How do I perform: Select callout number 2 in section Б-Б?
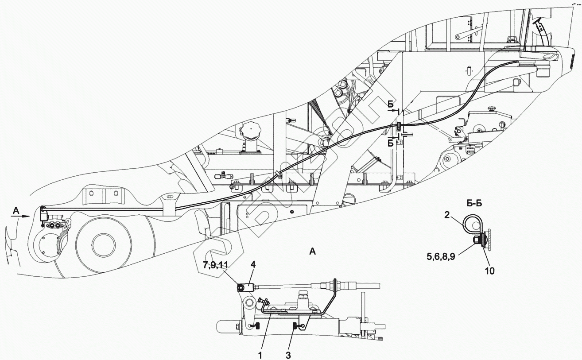(447, 215)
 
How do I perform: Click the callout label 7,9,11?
(216, 265)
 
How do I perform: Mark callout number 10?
(489, 270)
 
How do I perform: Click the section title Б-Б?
(474, 204)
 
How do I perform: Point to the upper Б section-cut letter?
(390, 104)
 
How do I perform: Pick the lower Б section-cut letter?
(390, 143)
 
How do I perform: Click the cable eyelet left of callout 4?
(241, 288)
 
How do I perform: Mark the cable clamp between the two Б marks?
(399, 126)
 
